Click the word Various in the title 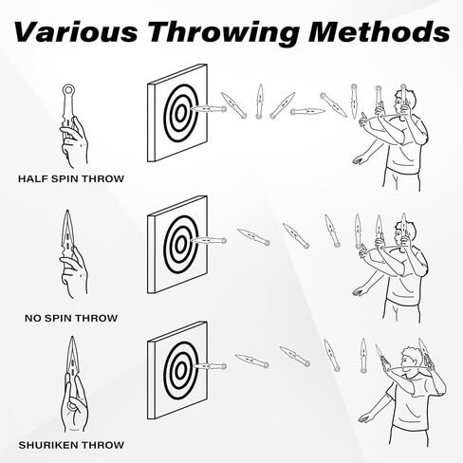click(x=76, y=32)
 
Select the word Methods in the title click(x=380, y=32)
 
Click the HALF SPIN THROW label click(x=71, y=178)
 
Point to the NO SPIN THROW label click(x=71, y=318)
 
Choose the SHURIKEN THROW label click(x=71, y=445)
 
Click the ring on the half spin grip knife click(x=68, y=89)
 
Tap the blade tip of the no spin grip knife click(x=67, y=211)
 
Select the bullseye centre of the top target click(x=180, y=113)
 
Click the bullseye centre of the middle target click(x=180, y=244)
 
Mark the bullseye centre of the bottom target click(x=180, y=370)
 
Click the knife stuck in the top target click(x=209, y=109)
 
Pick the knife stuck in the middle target click(x=209, y=241)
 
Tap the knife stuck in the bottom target click(x=209, y=366)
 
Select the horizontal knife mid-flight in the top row click(x=307, y=111)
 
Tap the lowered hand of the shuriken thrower click(x=364, y=418)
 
